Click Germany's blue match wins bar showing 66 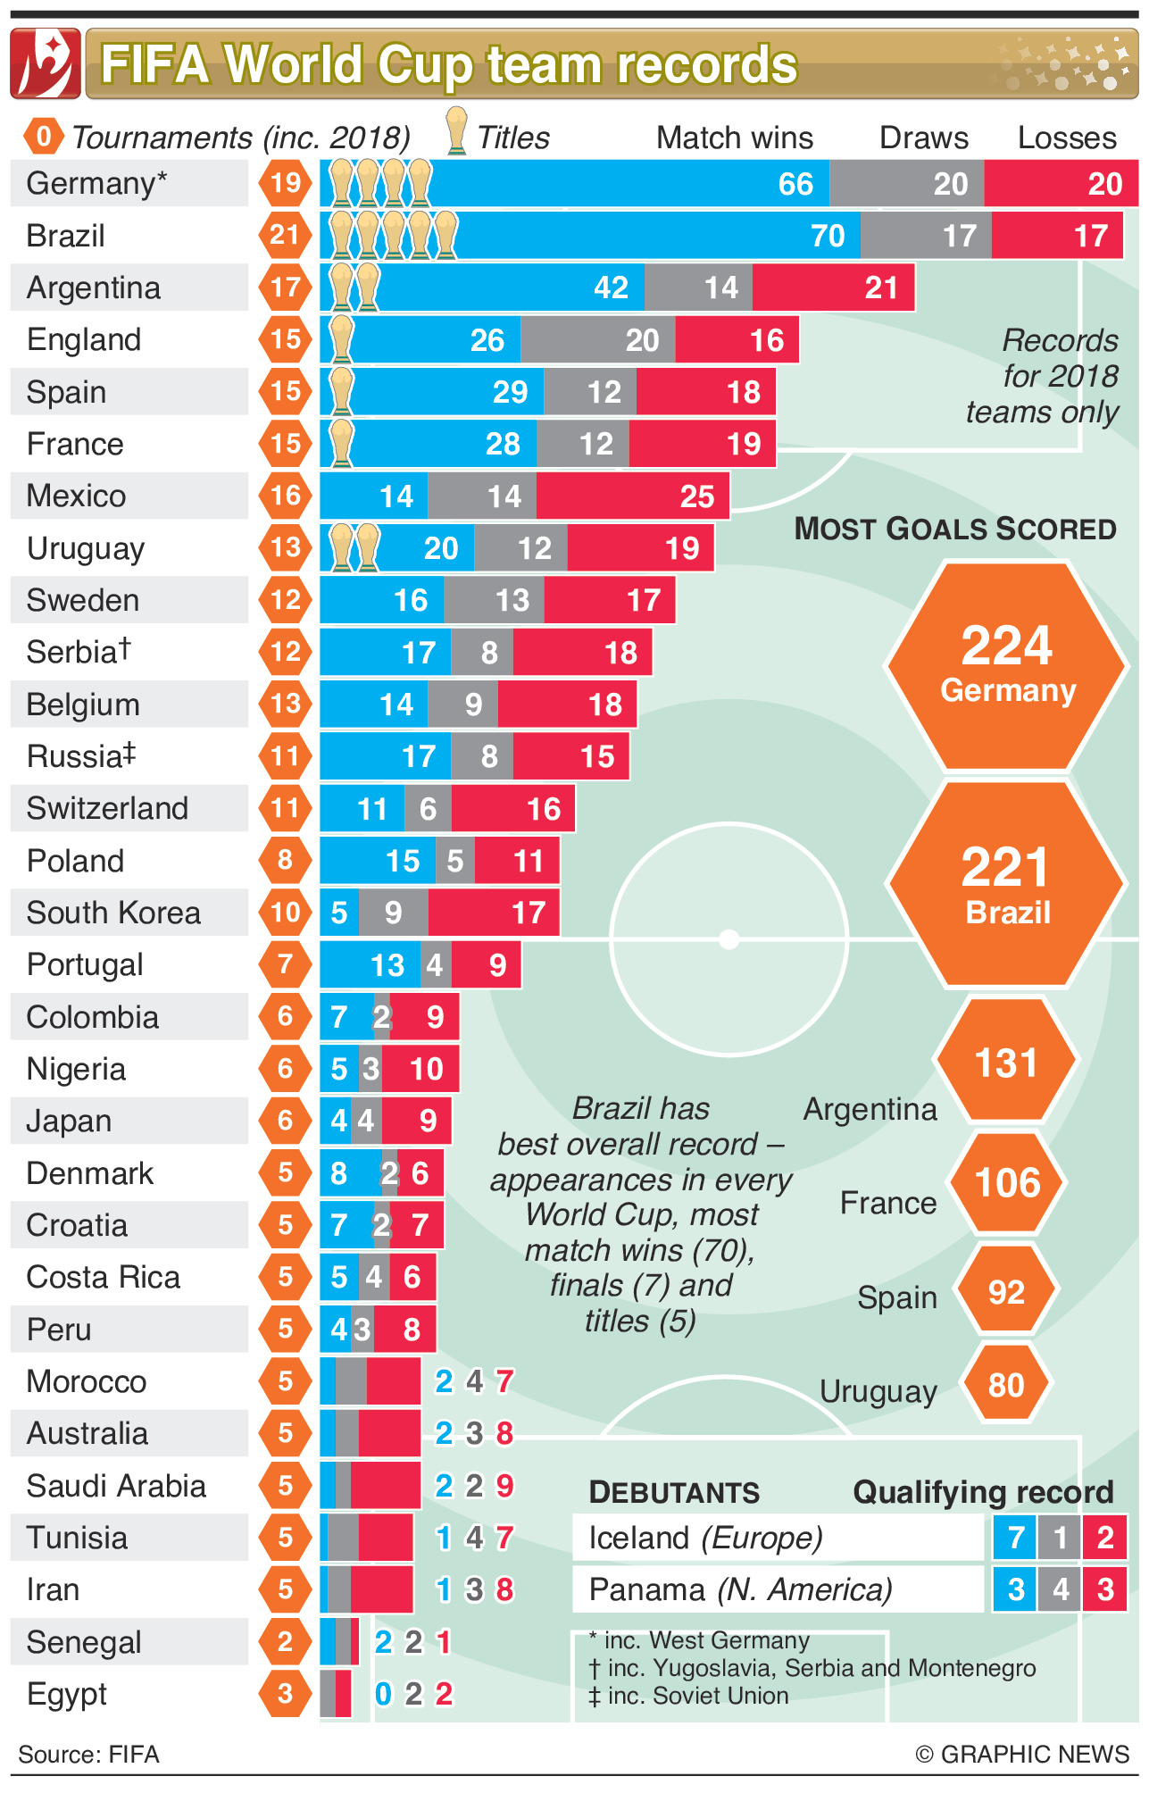[x=576, y=184]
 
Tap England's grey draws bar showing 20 [x=598, y=340]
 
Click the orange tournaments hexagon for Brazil [x=286, y=235]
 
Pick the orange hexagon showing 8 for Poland [x=286, y=860]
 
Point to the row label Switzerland [x=107, y=809]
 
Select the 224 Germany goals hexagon [x=1007, y=666]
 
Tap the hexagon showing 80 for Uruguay [x=1006, y=1385]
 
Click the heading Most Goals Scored [x=955, y=530]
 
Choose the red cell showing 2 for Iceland [x=1105, y=1538]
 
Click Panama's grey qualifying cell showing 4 [x=1060, y=1590]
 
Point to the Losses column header [x=1067, y=138]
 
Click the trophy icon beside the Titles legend [x=456, y=131]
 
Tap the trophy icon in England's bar [x=341, y=340]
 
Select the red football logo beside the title [x=46, y=63]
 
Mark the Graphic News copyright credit [x=1022, y=1755]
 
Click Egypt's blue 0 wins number [x=384, y=1694]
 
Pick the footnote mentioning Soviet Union [x=688, y=1696]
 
